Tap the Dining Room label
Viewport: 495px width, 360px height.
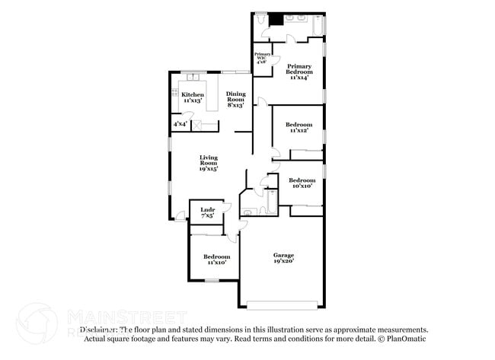coord(235,97)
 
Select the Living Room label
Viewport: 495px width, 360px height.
coord(209,163)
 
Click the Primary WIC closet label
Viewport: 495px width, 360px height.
coord(262,58)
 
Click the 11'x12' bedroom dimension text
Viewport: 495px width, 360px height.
coord(299,131)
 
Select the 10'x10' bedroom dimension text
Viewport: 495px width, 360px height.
coord(301,186)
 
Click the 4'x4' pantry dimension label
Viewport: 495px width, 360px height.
coord(180,123)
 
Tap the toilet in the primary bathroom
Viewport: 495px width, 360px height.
coord(260,20)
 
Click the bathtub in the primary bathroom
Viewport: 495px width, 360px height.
coord(318,24)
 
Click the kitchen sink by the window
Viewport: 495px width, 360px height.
coord(192,78)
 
